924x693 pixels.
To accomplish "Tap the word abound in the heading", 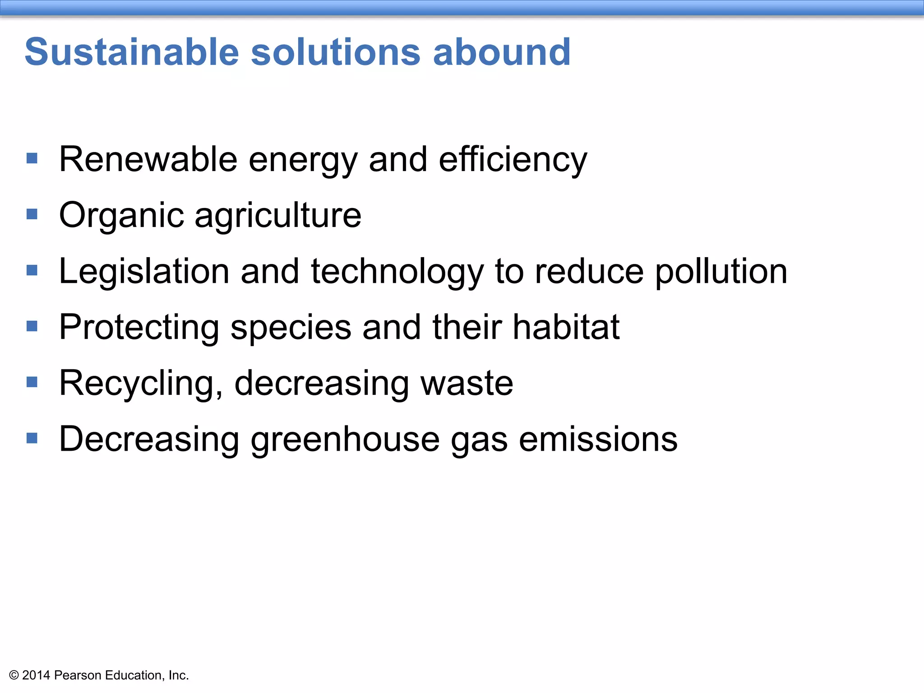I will tap(502, 52).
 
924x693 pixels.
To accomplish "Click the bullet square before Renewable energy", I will tap(32, 158).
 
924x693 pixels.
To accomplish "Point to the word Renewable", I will tap(148, 159).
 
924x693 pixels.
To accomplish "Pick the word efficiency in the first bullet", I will tap(513, 160).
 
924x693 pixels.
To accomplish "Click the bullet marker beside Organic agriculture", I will tap(32, 214).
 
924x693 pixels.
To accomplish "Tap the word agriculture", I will tap(278, 216).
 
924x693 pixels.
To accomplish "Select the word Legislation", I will tap(144, 271).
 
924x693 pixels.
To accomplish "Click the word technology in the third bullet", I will tap(397, 272).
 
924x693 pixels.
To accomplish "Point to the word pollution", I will tap(721, 272).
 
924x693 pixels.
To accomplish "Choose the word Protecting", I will tap(139, 328).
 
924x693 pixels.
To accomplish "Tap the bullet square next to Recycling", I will tap(32, 382).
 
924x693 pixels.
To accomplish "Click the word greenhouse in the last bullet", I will tap(345, 440).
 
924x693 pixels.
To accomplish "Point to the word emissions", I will tap(598, 439).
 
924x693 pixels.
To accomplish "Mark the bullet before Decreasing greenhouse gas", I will tap(32, 438).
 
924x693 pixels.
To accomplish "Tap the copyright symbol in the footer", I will tap(14, 675).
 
